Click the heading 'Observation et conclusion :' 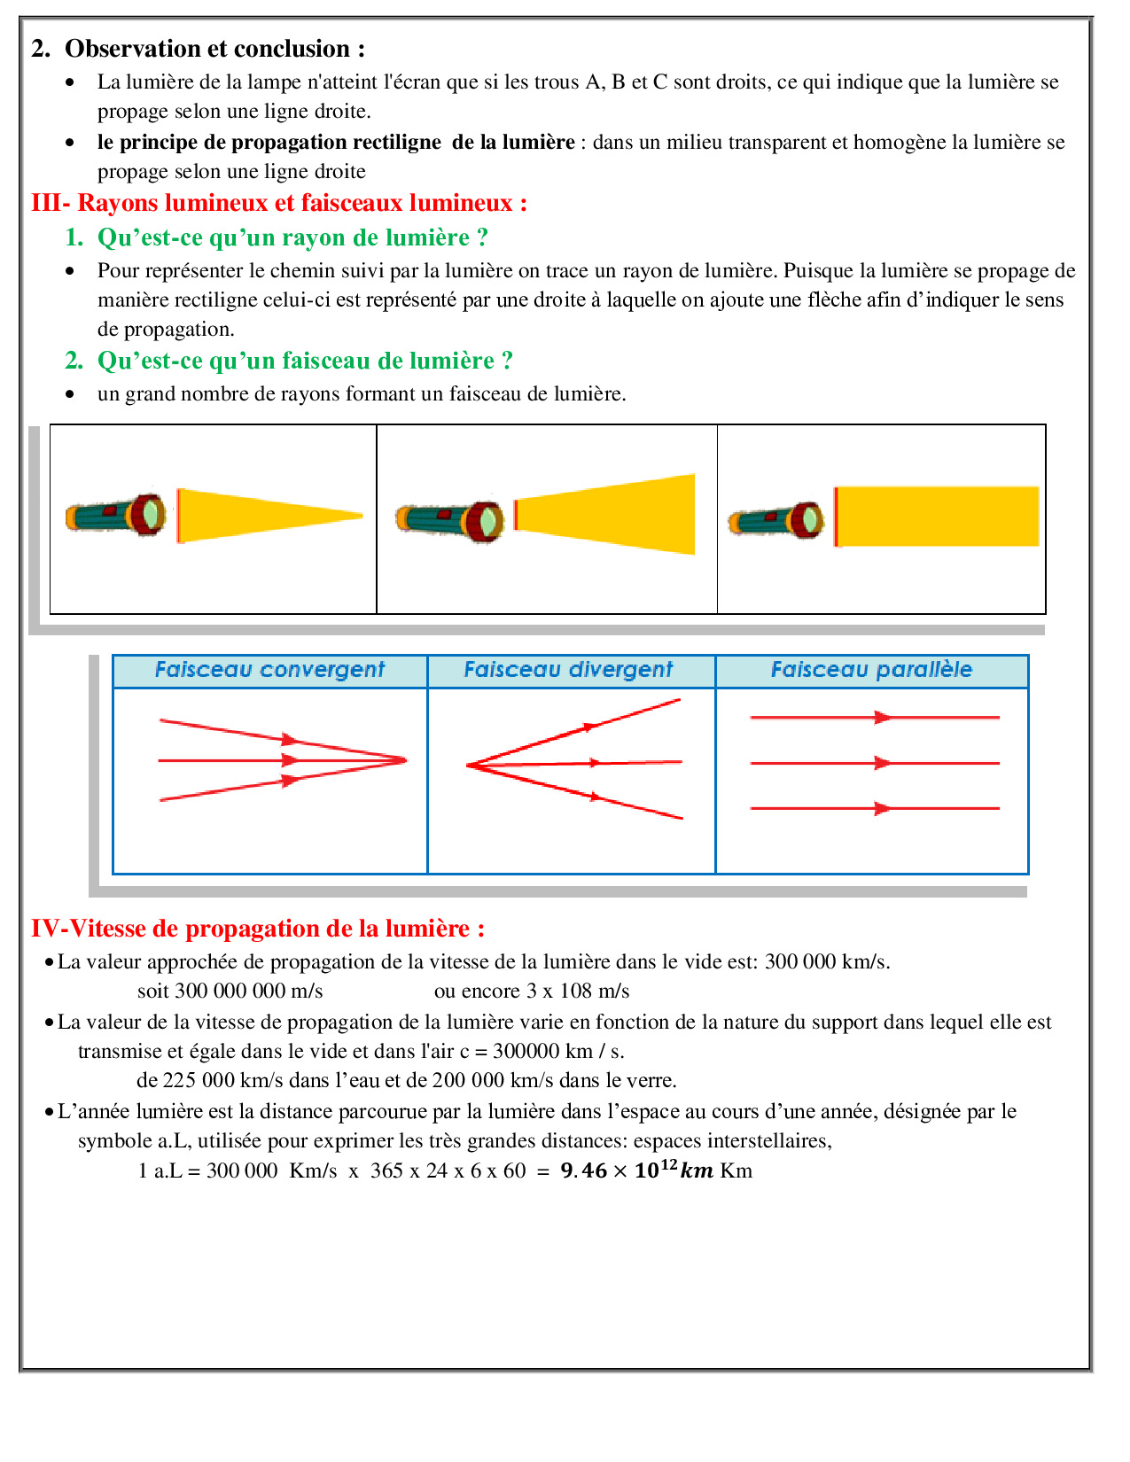[x=214, y=49]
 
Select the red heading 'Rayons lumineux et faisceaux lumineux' [x=295, y=203]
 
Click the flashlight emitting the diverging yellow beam [x=449, y=521]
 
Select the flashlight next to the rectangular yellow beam [x=776, y=521]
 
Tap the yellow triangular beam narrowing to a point [x=269, y=516]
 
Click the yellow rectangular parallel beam [x=937, y=516]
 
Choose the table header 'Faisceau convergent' [x=269, y=670]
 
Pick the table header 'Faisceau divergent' [x=568, y=670]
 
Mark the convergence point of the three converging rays [x=406, y=760]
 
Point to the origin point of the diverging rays [x=468, y=765]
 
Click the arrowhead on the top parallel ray [x=883, y=718]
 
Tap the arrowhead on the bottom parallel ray [x=883, y=808]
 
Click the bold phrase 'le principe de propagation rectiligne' [x=269, y=142]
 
